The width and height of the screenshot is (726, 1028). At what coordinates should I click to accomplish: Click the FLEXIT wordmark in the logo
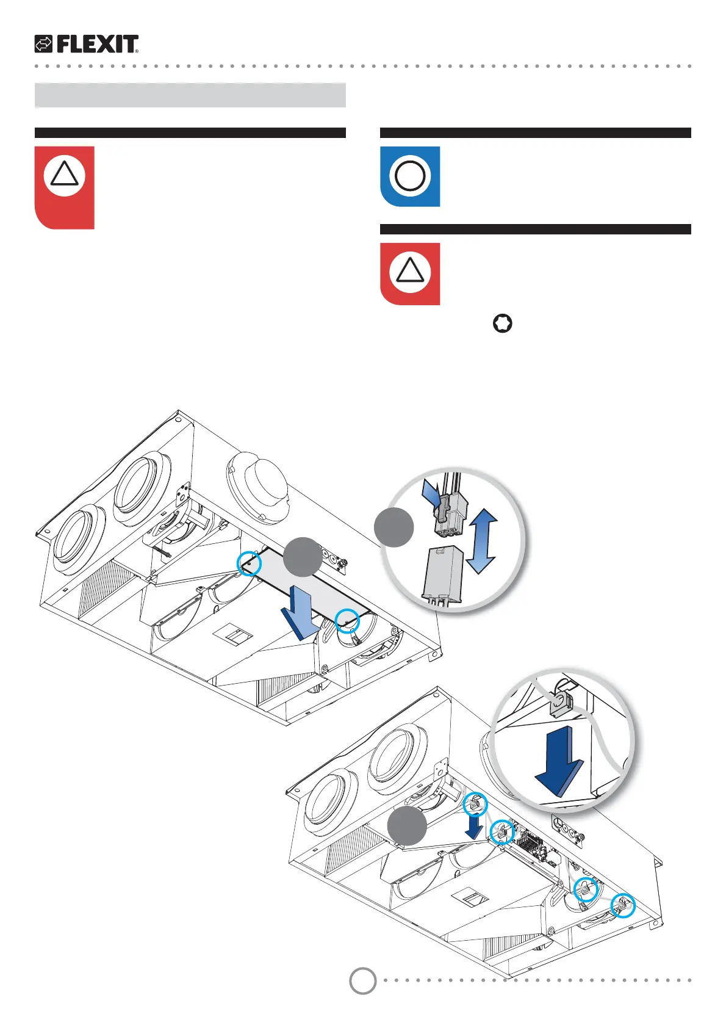point(98,44)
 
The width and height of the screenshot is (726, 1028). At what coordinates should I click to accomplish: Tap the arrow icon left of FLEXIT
point(43,44)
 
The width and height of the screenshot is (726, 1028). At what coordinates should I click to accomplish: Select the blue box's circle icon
point(410,176)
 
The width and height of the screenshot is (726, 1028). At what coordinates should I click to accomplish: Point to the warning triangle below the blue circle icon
point(410,272)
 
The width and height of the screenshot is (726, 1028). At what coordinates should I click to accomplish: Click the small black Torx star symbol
point(502,324)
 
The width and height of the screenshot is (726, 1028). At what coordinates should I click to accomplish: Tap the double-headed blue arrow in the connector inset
point(481,541)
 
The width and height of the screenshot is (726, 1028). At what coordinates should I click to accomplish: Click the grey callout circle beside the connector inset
point(394,527)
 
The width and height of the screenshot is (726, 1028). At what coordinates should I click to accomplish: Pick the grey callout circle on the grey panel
point(303,556)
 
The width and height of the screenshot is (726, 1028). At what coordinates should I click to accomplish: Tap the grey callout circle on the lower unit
point(407,825)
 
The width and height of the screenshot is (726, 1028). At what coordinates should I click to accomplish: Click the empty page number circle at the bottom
point(362,981)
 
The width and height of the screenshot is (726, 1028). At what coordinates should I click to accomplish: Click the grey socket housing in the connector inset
point(444,574)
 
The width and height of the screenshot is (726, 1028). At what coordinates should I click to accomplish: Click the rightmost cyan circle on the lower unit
point(622,906)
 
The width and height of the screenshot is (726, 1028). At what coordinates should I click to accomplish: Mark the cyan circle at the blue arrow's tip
point(347,621)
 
